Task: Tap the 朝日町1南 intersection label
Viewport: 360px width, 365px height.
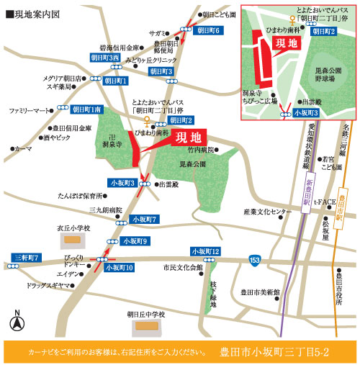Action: coord(88,109)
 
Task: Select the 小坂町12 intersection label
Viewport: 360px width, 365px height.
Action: coord(206,251)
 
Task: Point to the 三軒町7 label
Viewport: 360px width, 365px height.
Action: coord(27,257)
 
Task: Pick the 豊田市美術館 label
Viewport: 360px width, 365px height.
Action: coord(260,292)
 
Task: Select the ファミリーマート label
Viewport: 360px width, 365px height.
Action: coord(31,111)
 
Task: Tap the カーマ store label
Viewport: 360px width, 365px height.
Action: coord(23,148)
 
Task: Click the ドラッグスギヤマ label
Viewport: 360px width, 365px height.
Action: coord(46,286)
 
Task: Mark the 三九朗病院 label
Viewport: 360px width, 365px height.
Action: coord(104,209)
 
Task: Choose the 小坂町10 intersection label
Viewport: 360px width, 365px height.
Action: coord(120,266)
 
